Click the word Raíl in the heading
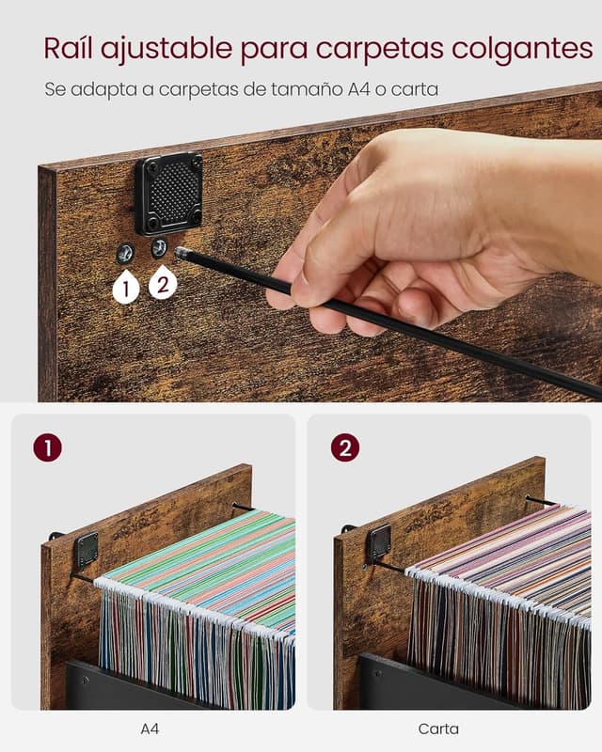pyautogui.click(x=67, y=48)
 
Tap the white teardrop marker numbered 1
pyautogui.click(x=126, y=288)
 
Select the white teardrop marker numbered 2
pyautogui.click(x=163, y=283)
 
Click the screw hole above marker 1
pyautogui.click(x=126, y=253)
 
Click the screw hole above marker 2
pyautogui.click(x=159, y=248)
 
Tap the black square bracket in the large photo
pyautogui.click(x=168, y=194)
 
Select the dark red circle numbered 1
pyautogui.click(x=48, y=448)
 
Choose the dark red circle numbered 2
pyautogui.click(x=345, y=448)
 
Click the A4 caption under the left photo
pyautogui.click(x=150, y=729)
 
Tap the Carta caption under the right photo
pyautogui.click(x=438, y=729)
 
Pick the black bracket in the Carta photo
pyautogui.click(x=379, y=542)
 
